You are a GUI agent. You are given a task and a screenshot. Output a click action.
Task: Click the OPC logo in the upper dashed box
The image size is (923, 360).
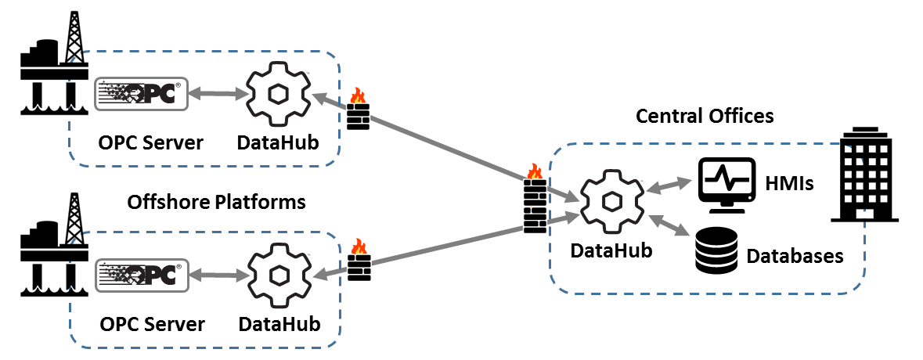click(142, 94)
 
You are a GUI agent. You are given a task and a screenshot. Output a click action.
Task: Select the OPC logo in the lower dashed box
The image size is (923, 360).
click(142, 275)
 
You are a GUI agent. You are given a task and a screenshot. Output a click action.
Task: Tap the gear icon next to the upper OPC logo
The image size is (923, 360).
click(279, 94)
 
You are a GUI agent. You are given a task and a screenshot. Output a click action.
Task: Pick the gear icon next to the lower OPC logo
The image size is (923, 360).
click(279, 275)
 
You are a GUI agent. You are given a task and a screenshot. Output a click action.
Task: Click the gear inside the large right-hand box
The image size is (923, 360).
click(612, 202)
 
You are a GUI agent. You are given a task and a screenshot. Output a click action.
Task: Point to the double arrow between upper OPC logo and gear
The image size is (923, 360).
click(218, 94)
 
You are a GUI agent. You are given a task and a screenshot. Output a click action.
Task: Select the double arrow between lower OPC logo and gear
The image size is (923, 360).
click(219, 275)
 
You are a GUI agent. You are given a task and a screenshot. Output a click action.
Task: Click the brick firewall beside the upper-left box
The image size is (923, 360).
click(358, 117)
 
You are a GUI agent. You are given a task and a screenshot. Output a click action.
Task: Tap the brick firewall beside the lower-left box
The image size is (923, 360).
click(359, 268)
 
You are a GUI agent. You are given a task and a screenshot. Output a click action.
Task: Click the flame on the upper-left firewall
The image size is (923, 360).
click(358, 95)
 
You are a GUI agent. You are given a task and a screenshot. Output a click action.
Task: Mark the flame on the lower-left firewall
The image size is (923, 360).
click(359, 247)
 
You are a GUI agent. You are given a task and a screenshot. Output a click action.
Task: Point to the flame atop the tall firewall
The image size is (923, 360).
click(535, 171)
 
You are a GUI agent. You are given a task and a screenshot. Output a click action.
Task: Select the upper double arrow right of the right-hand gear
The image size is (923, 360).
click(669, 185)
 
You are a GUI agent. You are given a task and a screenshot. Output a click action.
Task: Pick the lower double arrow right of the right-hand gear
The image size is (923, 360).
click(669, 225)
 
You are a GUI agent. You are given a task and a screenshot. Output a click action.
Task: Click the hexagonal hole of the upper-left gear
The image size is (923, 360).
click(279, 94)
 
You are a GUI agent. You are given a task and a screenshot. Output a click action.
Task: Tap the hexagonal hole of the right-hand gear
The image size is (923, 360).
click(612, 202)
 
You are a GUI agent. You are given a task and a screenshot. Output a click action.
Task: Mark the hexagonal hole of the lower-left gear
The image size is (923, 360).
click(279, 275)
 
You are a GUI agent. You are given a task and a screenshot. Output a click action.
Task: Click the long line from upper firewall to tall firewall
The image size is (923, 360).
click(446, 149)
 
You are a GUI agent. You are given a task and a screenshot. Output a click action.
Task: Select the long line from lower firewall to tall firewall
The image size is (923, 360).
click(446, 249)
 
